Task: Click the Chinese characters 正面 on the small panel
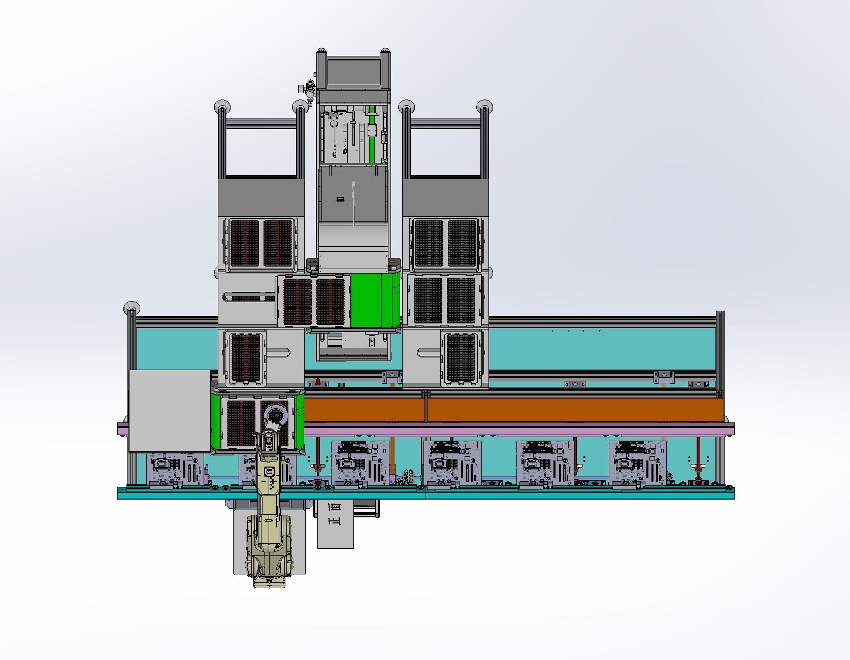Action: [x=335, y=522]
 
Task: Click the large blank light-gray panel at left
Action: [x=170, y=411]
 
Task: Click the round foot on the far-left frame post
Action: [x=132, y=307]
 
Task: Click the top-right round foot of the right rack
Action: [x=484, y=107]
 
